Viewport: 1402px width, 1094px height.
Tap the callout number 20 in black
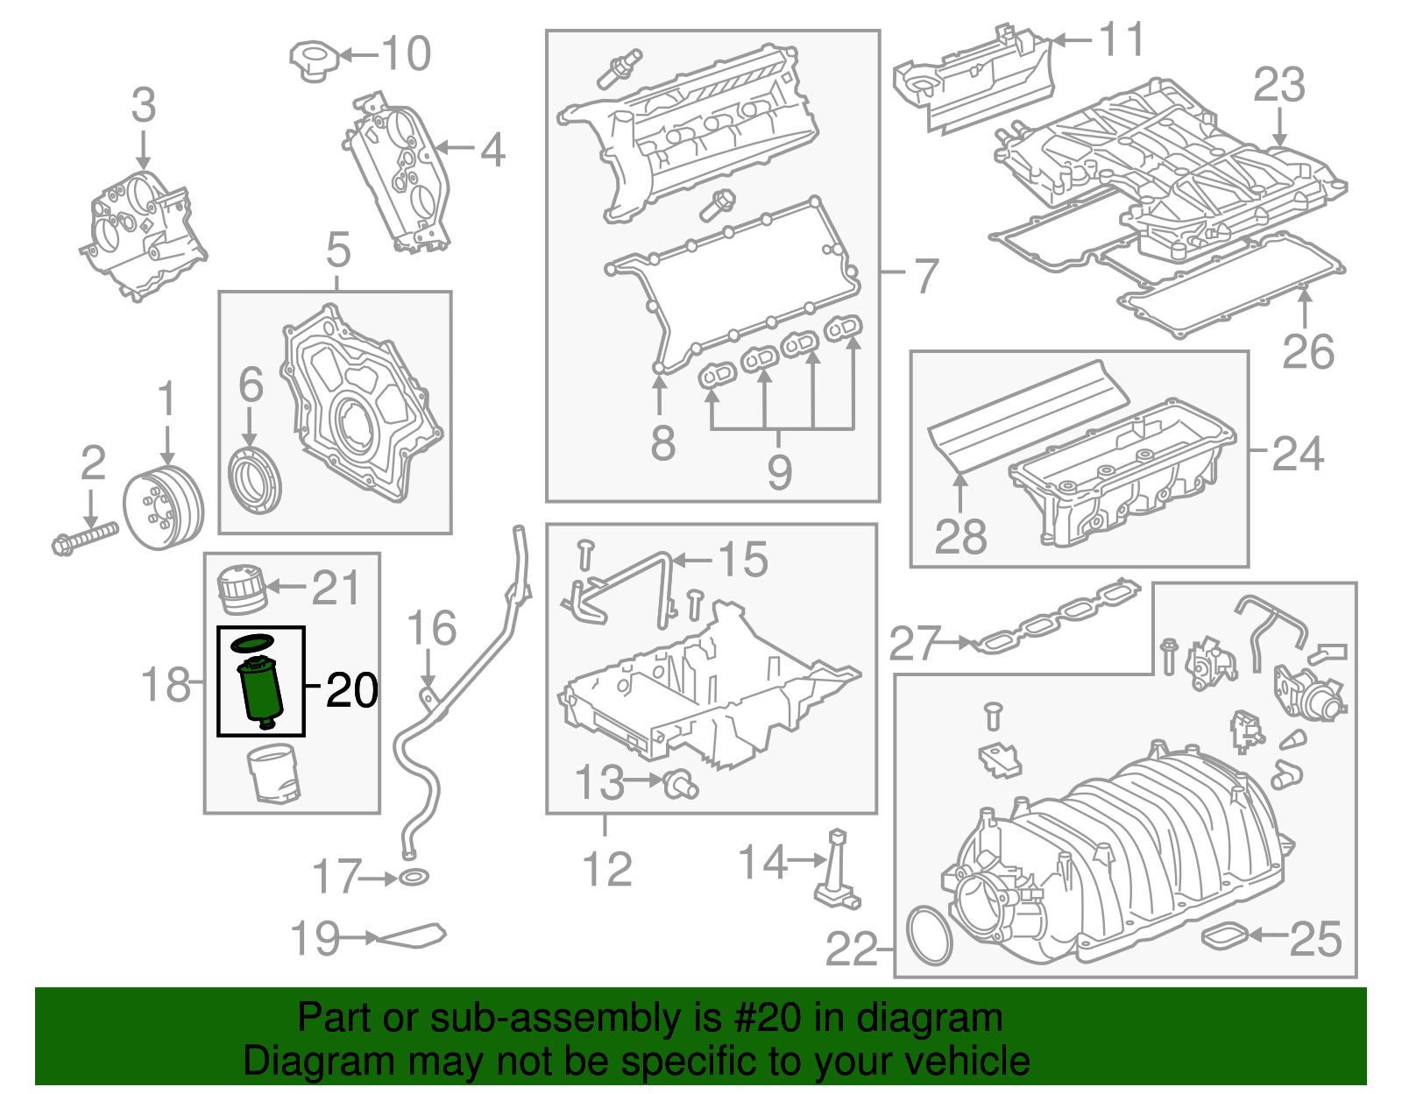(352, 691)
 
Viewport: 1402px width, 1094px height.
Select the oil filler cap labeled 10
(313, 60)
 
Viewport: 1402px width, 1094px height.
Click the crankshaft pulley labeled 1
(163, 508)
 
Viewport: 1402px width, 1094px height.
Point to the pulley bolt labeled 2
(84, 536)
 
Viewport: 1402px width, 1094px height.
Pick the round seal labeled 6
(255, 481)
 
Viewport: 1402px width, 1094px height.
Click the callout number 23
(1278, 85)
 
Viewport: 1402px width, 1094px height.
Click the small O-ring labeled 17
(414, 877)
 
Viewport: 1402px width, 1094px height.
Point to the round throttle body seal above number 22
(930, 937)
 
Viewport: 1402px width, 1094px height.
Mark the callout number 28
(960, 536)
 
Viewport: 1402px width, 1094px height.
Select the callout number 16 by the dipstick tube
(432, 628)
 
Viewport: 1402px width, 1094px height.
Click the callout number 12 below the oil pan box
(607, 869)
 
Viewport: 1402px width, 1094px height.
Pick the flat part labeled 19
(411, 936)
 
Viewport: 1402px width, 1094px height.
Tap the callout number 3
(144, 105)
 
